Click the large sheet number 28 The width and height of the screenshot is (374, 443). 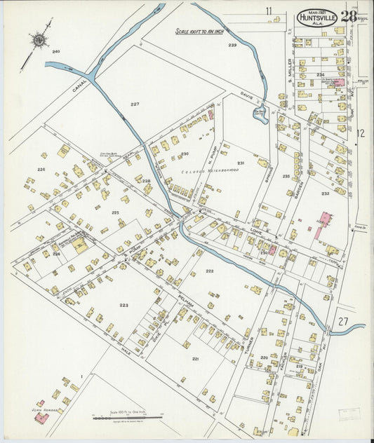[349, 16]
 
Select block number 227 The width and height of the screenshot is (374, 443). [135, 104]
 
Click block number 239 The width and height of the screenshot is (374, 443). [232, 45]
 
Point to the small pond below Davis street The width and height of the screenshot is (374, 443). [260, 114]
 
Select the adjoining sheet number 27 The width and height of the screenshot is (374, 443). [342, 320]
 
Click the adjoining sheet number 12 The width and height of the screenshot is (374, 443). [361, 132]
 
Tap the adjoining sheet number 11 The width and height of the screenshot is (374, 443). [268, 11]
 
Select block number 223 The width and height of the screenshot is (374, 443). [123, 305]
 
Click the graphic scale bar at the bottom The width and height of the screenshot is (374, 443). [128, 418]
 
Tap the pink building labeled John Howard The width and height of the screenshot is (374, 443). [42, 417]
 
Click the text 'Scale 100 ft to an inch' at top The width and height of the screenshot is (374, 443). [200, 32]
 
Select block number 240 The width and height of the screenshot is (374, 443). [56, 52]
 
